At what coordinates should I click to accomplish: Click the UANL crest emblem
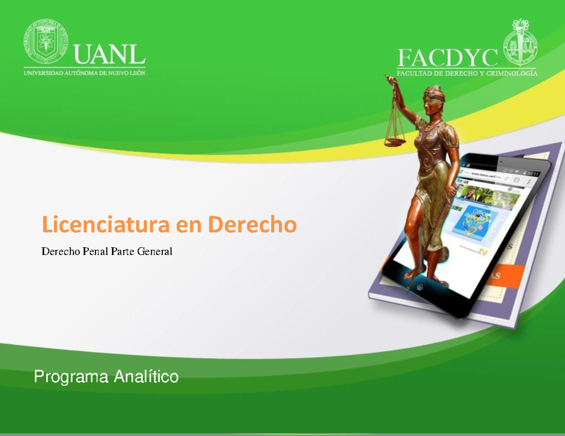[45, 41]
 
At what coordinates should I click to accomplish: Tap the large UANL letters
[109, 55]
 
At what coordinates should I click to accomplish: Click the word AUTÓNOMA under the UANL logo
[82, 73]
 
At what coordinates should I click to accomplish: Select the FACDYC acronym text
[448, 58]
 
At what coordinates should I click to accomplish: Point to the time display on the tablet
[533, 174]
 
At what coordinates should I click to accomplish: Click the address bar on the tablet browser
[485, 176]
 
